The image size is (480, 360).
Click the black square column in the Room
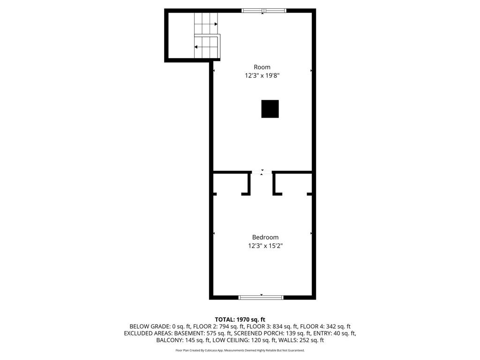[270, 109]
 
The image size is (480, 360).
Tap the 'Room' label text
[262, 67]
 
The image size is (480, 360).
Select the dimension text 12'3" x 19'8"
[262, 75]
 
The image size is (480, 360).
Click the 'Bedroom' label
[265, 237]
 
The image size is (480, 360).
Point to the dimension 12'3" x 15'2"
[265, 246]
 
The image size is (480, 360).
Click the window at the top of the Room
[263, 11]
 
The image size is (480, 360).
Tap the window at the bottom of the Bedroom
[261, 297]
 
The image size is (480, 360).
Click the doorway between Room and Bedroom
[262, 172]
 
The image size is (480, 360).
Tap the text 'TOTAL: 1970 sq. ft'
[240, 320]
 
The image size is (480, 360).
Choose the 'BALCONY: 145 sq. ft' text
[183, 340]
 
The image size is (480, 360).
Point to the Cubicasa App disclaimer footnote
[240, 350]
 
